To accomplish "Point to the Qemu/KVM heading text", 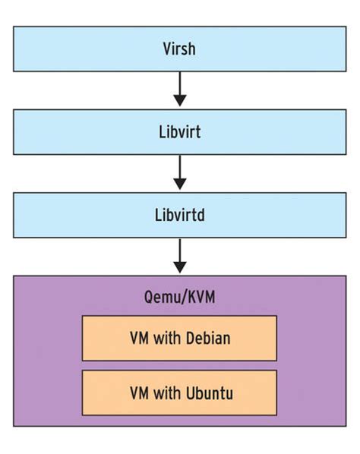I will (x=179, y=296).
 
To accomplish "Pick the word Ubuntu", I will (x=207, y=393).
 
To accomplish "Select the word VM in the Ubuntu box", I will (x=139, y=393).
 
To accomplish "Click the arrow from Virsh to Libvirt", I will (x=179, y=87).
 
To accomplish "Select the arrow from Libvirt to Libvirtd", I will (x=179, y=170).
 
